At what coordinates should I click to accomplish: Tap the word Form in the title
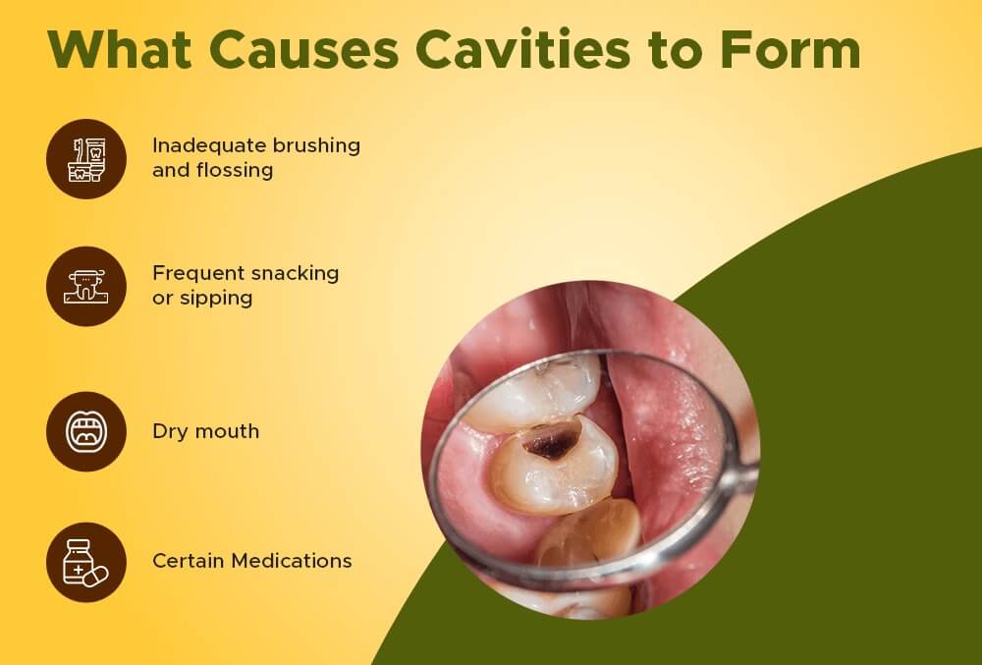click(791, 49)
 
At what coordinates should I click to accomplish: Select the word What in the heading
click(119, 49)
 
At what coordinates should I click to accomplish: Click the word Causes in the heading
click(303, 49)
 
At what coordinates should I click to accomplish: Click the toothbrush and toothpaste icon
click(86, 160)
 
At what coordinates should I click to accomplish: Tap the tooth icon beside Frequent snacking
click(85, 287)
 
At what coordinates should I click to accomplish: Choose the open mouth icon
click(86, 431)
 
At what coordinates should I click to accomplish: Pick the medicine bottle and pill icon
click(85, 563)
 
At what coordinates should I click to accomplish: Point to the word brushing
click(316, 146)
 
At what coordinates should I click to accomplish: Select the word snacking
click(295, 274)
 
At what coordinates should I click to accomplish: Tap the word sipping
click(216, 299)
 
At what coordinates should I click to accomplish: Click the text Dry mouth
click(206, 431)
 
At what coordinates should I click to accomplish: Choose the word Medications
click(292, 561)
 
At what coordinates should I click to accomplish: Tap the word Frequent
click(198, 274)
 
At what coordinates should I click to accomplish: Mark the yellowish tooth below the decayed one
click(588, 533)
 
